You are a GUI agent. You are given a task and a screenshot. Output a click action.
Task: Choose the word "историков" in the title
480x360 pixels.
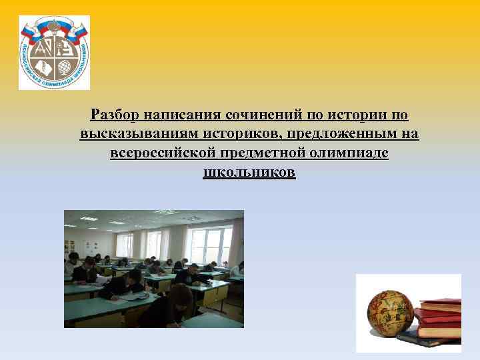231,135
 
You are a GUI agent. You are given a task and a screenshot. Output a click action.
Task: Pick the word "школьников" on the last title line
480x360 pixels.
249,173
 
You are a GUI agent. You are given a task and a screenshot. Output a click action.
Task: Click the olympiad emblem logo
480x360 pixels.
54,52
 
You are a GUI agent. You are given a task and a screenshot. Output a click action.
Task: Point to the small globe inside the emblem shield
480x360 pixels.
65,67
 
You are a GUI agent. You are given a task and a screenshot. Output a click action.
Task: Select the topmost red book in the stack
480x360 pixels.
441,305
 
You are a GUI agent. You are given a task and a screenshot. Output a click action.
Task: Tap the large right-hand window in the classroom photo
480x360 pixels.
211,244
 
